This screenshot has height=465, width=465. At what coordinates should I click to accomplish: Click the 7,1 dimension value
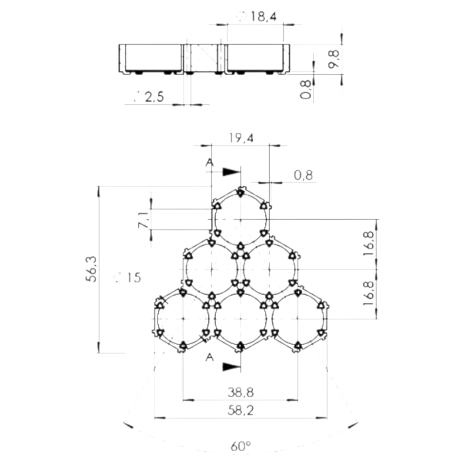[x=143, y=220]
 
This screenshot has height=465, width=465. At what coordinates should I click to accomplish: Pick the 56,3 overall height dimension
[x=92, y=270]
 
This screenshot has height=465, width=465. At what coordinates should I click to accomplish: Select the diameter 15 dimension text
[x=128, y=278]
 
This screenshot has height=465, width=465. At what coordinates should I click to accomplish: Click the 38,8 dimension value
[x=240, y=393]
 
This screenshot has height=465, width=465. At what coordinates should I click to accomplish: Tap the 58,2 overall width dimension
[x=240, y=411]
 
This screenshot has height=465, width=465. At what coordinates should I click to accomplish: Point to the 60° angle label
[x=240, y=446]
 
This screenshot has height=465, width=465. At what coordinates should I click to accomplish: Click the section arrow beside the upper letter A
[x=231, y=171]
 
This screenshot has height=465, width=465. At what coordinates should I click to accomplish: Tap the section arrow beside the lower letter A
[x=231, y=365]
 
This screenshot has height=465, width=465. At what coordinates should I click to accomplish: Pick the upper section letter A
[x=210, y=161]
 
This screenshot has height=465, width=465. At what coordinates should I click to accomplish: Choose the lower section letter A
[x=210, y=357]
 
